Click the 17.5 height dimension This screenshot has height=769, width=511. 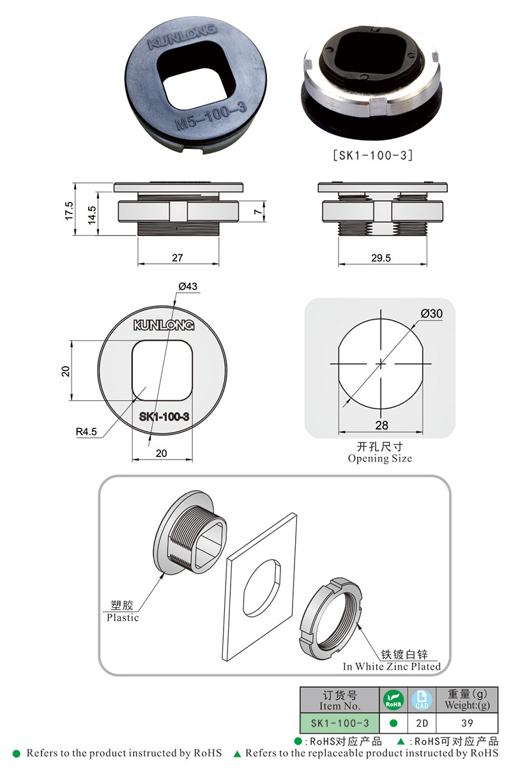tap(69, 212)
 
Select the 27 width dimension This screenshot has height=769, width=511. tap(178, 258)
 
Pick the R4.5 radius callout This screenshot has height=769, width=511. tap(86, 431)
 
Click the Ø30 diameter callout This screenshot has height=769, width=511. tap(432, 313)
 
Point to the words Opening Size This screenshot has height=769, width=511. tap(380, 458)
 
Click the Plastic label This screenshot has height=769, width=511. tap(123, 618)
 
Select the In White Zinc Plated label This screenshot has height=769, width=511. tap(392, 666)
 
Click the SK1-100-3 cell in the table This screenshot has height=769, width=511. tap(340, 723)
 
